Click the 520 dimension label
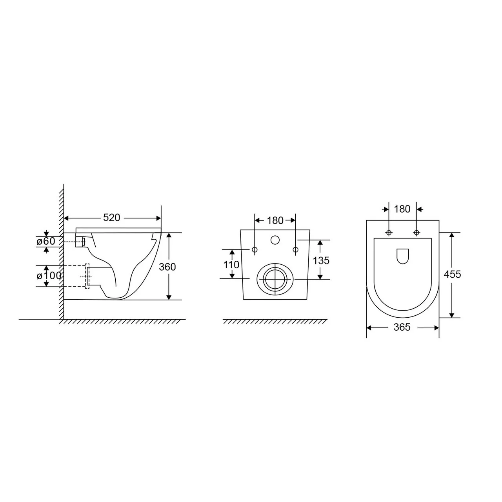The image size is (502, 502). coord(111,218)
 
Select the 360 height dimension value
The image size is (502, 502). coord(167,267)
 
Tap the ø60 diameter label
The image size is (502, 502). coord(46,241)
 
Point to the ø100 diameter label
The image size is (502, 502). coord(49,276)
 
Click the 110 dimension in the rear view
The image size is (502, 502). coord(231,265)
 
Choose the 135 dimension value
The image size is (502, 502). coord(321,260)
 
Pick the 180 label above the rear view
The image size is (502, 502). coord(275,221)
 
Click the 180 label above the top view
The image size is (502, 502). coord(402,209)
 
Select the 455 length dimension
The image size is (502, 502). coord(453,274)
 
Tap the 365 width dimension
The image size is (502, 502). coord(402,327)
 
